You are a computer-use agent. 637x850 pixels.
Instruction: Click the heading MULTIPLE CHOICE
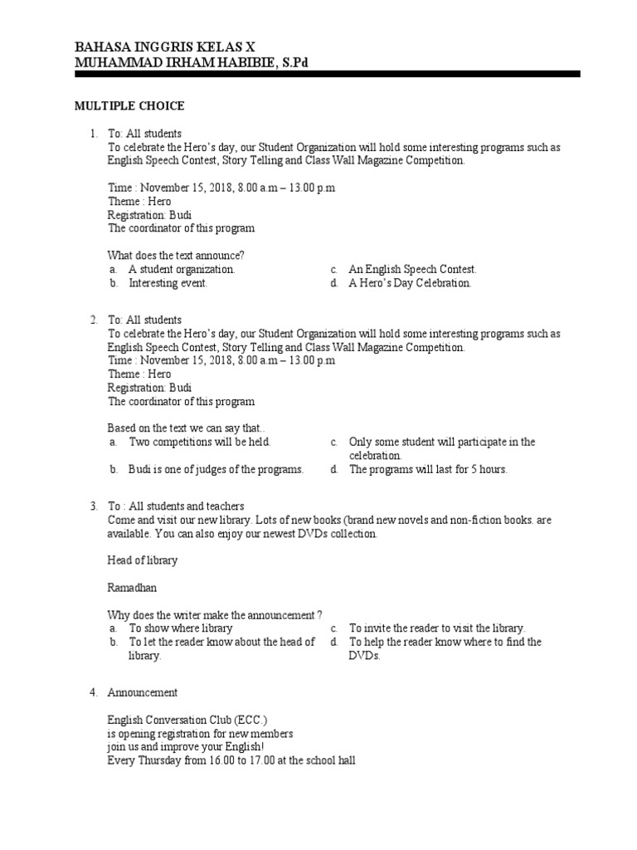pyautogui.click(x=129, y=106)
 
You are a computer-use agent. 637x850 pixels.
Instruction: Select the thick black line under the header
pyautogui.click(x=328, y=74)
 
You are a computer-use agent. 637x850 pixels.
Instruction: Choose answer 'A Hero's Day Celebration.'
pyautogui.click(x=410, y=283)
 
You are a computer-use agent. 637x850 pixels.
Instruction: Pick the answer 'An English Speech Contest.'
pyautogui.click(x=412, y=269)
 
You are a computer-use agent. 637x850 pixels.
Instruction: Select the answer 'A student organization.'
pyautogui.click(x=182, y=269)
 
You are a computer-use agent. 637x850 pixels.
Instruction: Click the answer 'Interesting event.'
pyautogui.click(x=168, y=283)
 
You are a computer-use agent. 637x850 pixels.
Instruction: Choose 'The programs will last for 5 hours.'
pyautogui.click(x=427, y=469)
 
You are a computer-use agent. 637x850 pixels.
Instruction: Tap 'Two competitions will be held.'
pyautogui.click(x=200, y=442)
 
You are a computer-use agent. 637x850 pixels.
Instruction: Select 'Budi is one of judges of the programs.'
pyautogui.click(x=216, y=469)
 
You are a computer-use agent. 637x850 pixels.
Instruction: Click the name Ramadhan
pyautogui.click(x=132, y=588)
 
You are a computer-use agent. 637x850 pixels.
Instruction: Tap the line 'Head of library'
pyautogui.click(x=143, y=560)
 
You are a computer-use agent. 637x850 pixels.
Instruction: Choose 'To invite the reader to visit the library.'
pyautogui.click(x=437, y=628)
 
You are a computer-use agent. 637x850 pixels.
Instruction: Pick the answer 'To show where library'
pyautogui.click(x=180, y=628)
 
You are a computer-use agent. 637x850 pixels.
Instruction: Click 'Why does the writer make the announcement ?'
pyautogui.click(x=215, y=615)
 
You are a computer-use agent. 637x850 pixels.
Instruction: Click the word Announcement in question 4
pyautogui.click(x=142, y=692)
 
